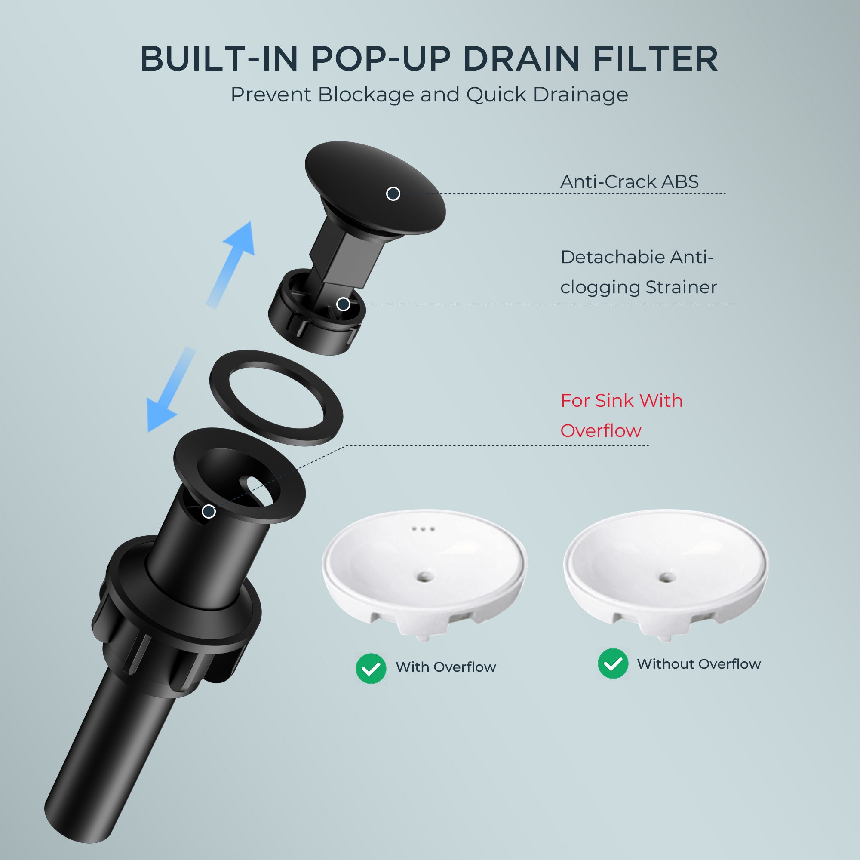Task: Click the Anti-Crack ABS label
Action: click(629, 181)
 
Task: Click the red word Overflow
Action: click(600, 430)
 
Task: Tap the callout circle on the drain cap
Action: click(393, 193)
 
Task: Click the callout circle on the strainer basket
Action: click(343, 304)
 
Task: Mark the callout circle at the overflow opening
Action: click(208, 511)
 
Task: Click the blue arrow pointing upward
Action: click(231, 264)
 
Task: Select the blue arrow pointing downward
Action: click(171, 390)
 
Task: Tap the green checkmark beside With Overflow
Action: click(371, 669)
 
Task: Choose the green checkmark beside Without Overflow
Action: click(613, 663)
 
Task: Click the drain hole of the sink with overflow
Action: click(425, 577)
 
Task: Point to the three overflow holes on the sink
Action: click(423, 529)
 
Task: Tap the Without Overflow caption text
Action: click(699, 663)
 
